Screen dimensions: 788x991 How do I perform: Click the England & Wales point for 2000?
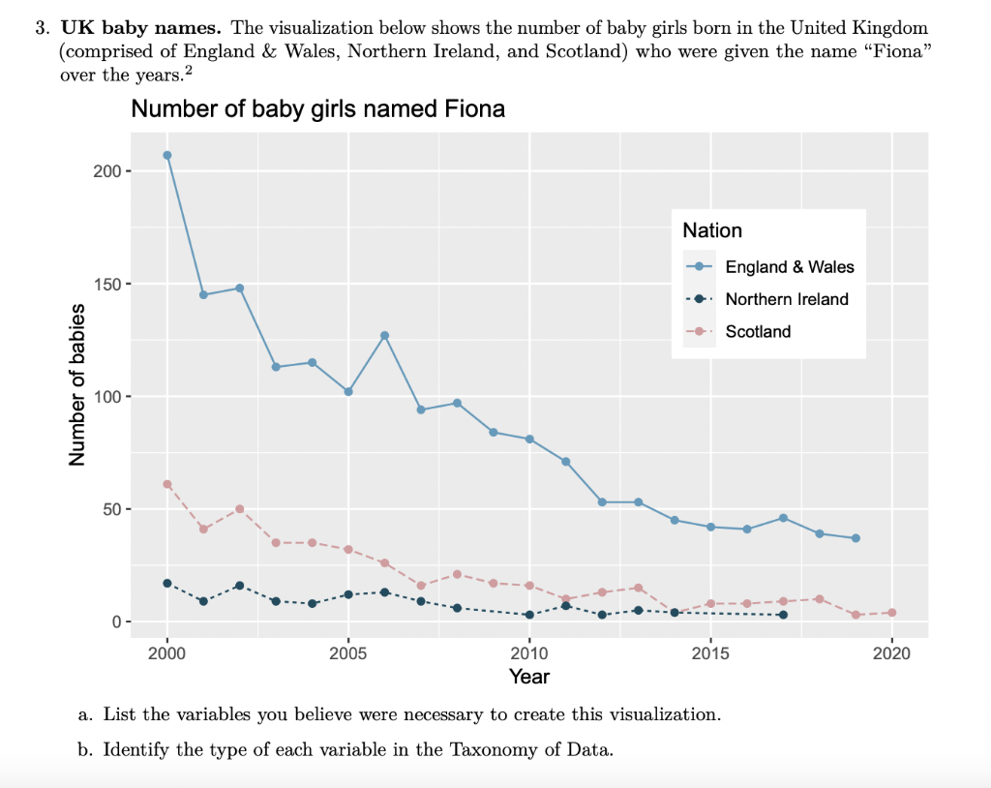pos(167,155)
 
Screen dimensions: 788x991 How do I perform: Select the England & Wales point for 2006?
pos(385,335)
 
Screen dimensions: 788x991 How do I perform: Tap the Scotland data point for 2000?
pos(167,484)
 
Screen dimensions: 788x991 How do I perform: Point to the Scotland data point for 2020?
pos(892,613)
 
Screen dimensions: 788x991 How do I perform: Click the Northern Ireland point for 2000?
pos(167,583)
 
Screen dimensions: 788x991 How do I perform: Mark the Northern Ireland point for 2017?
pos(783,615)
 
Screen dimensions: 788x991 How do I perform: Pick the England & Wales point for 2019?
pos(856,538)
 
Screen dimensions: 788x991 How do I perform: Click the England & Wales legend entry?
pos(789,267)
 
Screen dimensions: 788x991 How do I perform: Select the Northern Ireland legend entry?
pos(786,299)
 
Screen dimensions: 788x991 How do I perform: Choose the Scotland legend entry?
pos(758,331)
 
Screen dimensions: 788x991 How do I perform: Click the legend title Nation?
pos(712,230)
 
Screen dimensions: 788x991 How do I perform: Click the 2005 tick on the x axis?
pos(348,652)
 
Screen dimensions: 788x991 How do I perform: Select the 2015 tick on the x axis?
pos(711,652)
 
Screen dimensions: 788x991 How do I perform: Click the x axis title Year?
pos(529,677)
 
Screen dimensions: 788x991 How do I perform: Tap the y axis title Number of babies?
pos(77,384)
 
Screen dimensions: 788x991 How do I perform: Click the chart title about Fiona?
pos(317,109)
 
